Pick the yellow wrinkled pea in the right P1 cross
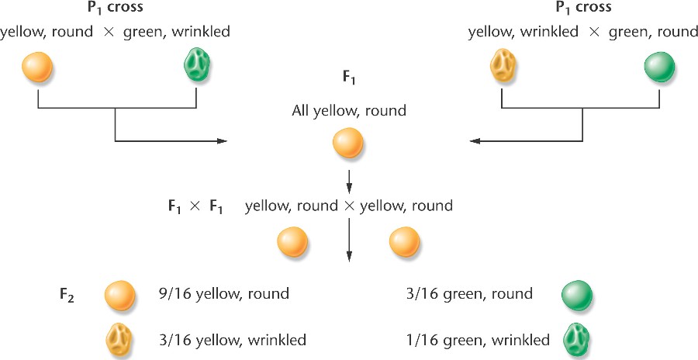pyautogui.click(x=503, y=67)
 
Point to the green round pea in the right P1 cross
pyautogui.click(x=659, y=67)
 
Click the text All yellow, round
pyautogui.click(x=348, y=110)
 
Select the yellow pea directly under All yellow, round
pyautogui.click(x=347, y=143)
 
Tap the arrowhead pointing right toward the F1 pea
pyautogui.click(x=226, y=141)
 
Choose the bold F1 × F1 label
pyautogui.click(x=192, y=207)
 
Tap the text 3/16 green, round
pyautogui.click(x=469, y=294)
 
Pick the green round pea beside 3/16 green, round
pyautogui.click(x=576, y=295)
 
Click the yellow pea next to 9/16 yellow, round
pyautogui.click(x=120, y=295)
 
